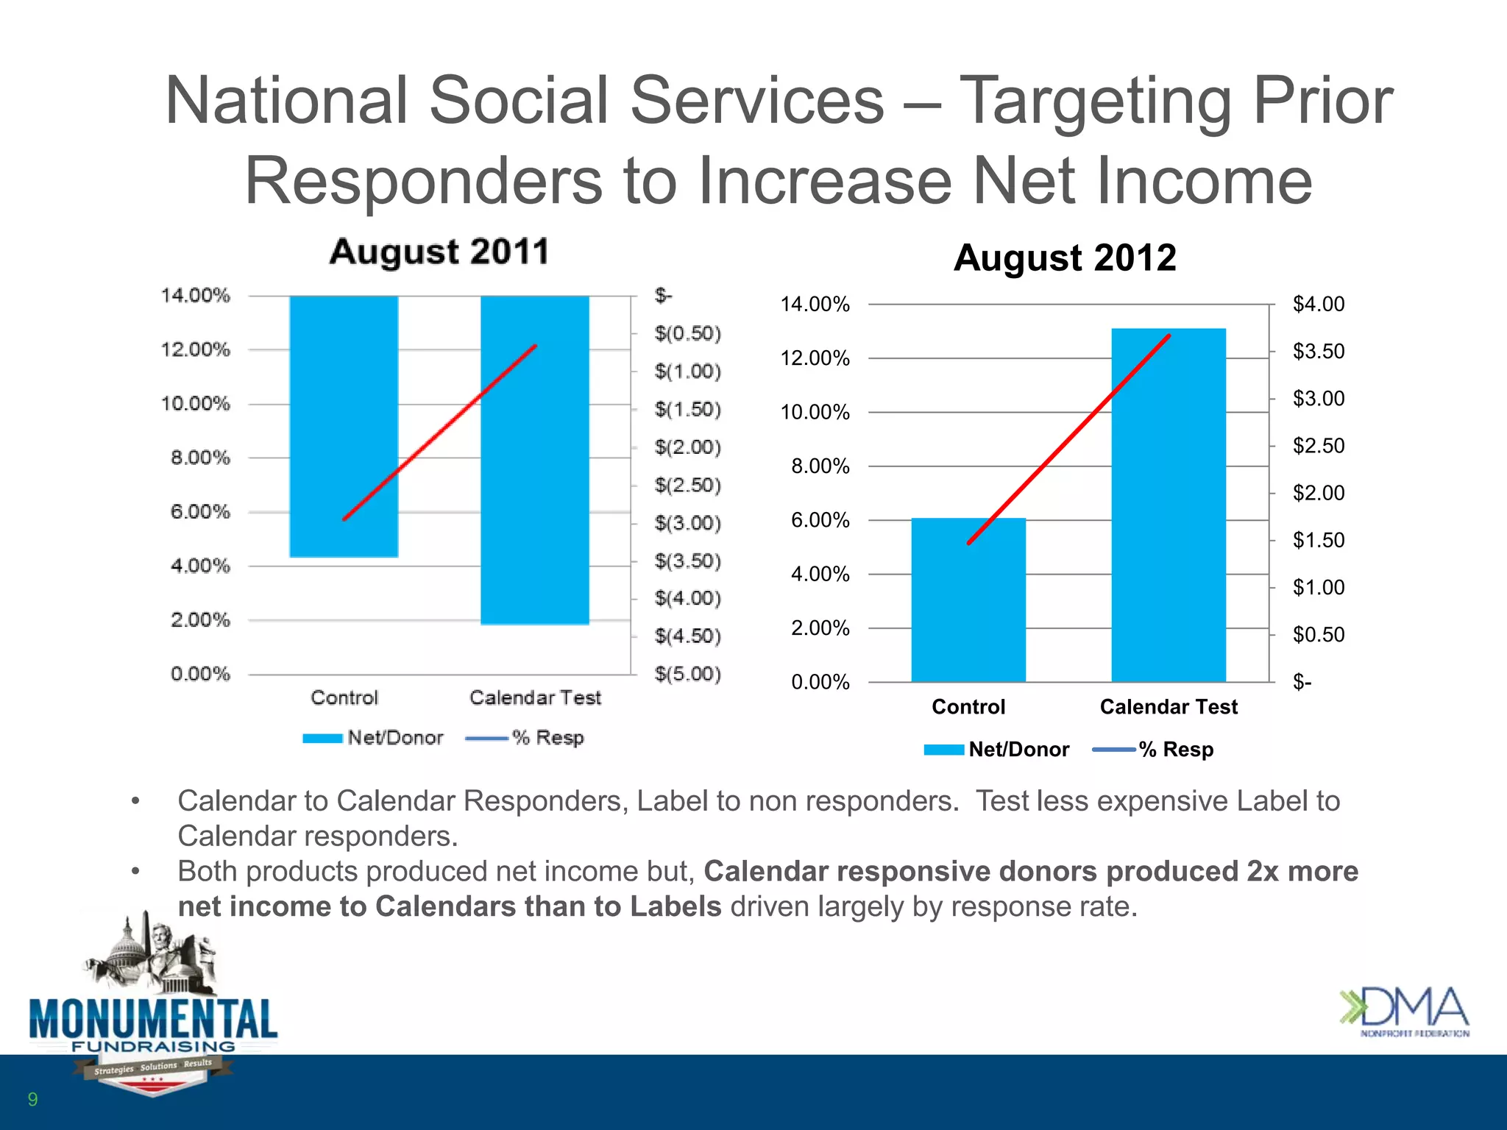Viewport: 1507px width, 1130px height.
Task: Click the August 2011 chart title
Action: [x=439, y=252]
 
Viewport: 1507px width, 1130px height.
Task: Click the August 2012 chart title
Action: [x=1065, y=258]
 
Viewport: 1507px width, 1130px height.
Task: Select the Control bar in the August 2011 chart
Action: [x=344, y=427]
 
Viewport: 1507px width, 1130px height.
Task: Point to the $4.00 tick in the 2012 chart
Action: [x=1318, y=304]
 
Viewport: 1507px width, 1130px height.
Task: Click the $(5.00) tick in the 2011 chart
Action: [x=687, y=674]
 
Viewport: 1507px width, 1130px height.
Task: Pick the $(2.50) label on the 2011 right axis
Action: [x=687, y=485]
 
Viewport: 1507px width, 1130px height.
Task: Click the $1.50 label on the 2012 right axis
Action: [x=1318, y=540]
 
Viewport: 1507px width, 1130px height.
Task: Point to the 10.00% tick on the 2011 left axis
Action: [x=196, y=404]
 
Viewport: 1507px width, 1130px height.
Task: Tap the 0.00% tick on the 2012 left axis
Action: [x=820, y=682]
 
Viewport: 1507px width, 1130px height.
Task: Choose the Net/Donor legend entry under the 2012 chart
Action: [x=997, y=749]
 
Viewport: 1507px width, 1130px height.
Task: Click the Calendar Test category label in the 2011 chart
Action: [x=535, y=697]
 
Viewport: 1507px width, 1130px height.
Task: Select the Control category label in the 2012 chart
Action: [x=968, y=707]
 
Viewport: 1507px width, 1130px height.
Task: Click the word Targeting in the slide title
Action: [x=1096, y=101]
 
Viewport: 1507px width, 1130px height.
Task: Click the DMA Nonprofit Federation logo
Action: [x=1404, y=1012]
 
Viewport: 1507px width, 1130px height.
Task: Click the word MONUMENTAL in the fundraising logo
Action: [x=154, y=1019]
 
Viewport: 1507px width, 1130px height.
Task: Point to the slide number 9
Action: [x=32, y=1099]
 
